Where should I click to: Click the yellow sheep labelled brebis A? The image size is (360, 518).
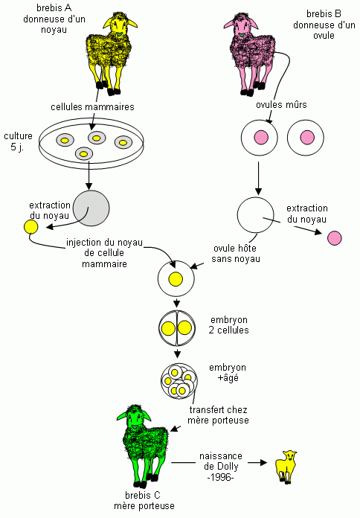109,53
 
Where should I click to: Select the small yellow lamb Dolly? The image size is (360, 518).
286,467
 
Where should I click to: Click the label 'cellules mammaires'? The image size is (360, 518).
92,107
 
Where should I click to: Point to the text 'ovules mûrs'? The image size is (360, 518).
281,105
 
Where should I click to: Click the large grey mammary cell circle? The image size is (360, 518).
91,208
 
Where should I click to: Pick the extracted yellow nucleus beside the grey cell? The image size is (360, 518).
30,227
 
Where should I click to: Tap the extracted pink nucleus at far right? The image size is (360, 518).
334,238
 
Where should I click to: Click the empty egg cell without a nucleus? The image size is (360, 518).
256,215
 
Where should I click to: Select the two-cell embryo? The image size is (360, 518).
177,329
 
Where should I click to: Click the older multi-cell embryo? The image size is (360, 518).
179,381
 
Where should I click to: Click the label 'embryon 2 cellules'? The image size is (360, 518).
229,325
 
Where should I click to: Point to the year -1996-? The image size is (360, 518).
221,477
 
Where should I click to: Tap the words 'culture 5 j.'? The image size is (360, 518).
18,141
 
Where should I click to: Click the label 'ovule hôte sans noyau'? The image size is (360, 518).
236,254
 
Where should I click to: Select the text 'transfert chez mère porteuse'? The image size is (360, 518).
218,415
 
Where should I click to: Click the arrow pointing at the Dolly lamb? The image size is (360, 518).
257,462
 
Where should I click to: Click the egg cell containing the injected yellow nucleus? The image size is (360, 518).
176,278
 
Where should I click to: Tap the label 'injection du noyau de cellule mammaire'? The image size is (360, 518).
104,253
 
